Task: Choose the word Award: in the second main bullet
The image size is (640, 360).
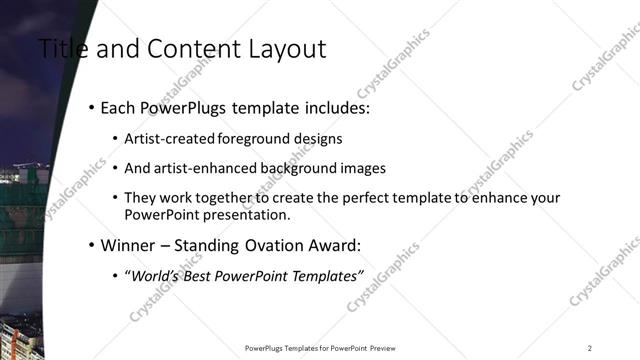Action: pyautogui.click(x=333, y=245)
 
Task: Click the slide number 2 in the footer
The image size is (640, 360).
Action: pyautogui.click(x=590, y=348)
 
